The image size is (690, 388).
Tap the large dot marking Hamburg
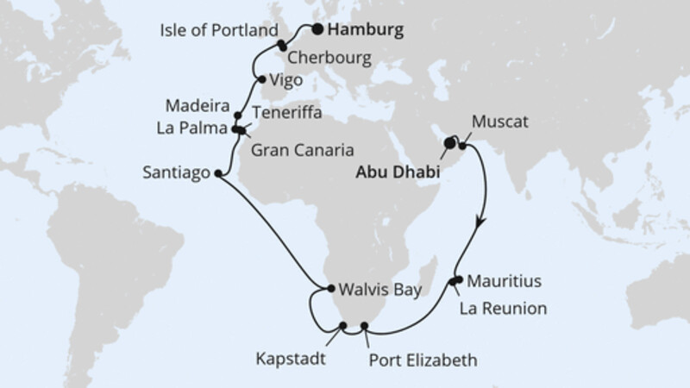pyautogui.click(x=318, y=29)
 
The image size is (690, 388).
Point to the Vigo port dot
pyautogui.click(x=260, y=80)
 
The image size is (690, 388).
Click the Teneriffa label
pyautogui.click(x=286, y=112)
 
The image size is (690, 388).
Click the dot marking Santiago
pyautogui.click(x=216, y=172)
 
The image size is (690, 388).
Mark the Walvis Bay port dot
pyautogui.click(x=329, y=289)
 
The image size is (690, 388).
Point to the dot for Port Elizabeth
pyautogui.click(x=365, y=326)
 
